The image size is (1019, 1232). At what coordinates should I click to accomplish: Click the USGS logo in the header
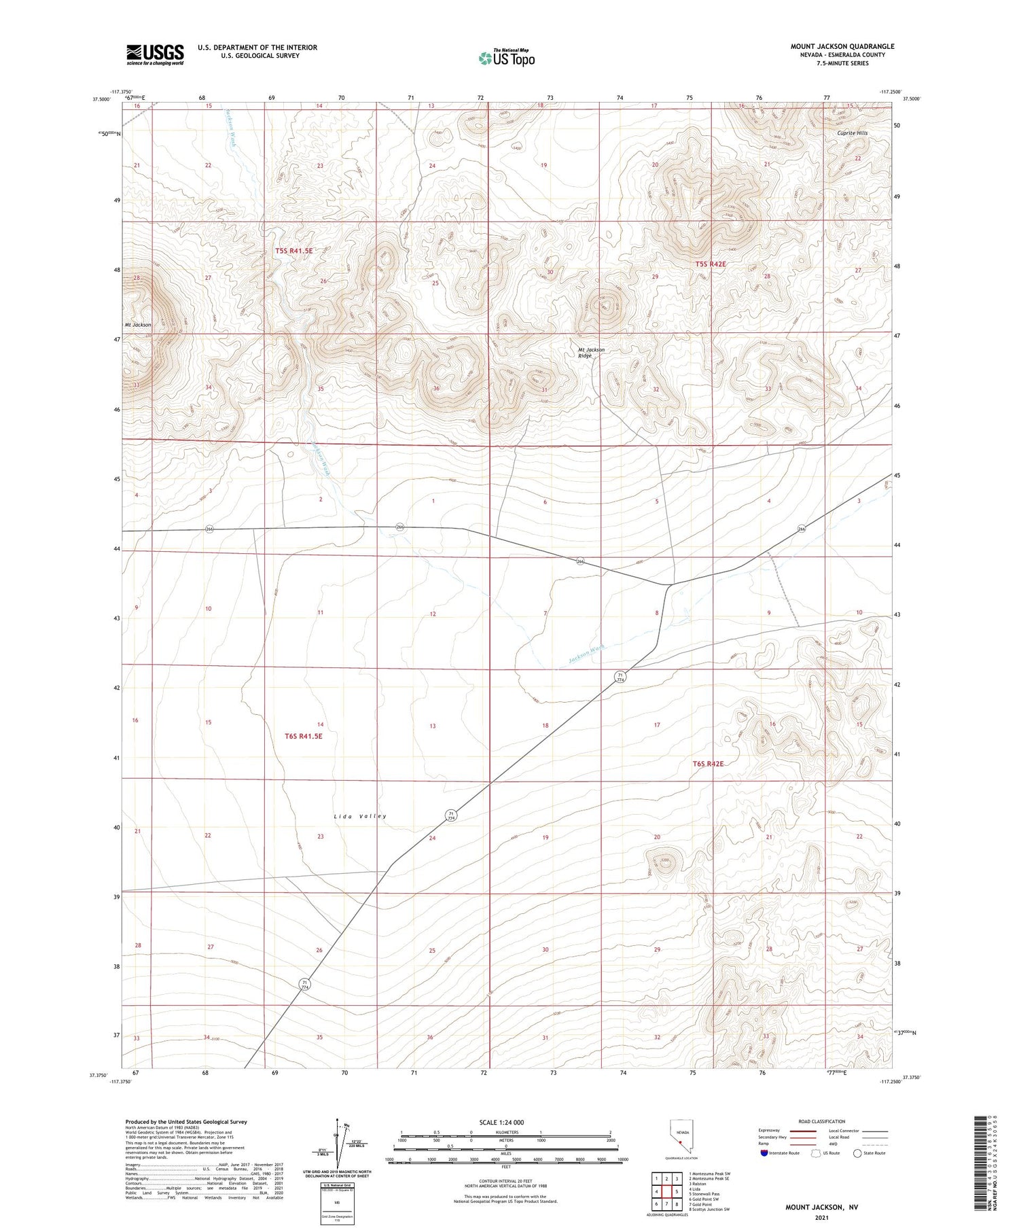pyautogui.click(x=155, y=54)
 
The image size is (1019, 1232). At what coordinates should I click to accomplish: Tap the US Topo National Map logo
pyautogui.click(x=507, y=58)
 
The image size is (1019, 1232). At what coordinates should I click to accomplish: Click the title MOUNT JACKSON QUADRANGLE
pyautogui.click(x=842, y=46)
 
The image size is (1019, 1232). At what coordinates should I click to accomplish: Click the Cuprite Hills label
pyautogui.click(x=852, y=133)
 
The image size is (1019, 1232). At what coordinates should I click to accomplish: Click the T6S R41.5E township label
pyautogui.click(x=303, y=736)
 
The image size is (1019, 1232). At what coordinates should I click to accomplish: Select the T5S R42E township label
pyautogui.click(x=711, y=264)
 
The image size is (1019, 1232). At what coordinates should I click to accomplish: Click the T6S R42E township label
pyautogui.click(x=709, y=764)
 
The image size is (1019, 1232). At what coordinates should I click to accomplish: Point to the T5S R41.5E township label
pyautogui.click(x=293, y=251)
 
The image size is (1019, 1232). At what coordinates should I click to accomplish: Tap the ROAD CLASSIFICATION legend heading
pyautogui.click(x=821, y=1121)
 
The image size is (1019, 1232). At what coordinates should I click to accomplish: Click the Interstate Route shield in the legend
pyautogui.click(x=764, y=1153)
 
